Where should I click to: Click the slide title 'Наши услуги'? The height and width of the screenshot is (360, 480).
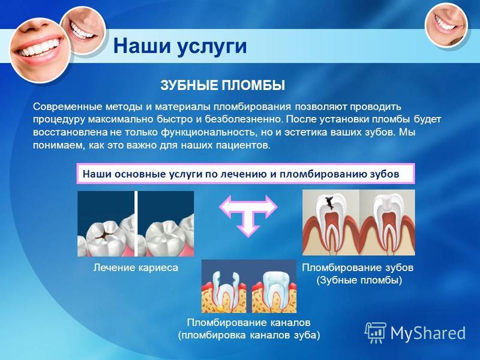coord(179,47)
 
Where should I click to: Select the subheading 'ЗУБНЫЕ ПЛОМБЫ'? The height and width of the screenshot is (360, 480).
coord(223,85)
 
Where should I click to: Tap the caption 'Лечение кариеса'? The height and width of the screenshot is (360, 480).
coord(136,268)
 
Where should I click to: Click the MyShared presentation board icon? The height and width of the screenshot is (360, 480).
coord(375,332)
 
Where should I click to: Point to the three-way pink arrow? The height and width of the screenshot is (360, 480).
coord(248,215)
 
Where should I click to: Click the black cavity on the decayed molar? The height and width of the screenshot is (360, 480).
coord(103,233)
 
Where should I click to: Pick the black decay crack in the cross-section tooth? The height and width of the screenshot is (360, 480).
coord(329,203)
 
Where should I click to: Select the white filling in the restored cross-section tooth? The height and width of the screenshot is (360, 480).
coord(387,202)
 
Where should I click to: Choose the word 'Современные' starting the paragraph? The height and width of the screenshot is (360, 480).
coord(68,107)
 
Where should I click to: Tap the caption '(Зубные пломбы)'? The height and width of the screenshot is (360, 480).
coord(359,280)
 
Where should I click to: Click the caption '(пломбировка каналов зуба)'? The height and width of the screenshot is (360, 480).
coord(249,335)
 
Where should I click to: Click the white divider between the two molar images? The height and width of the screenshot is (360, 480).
coord(136,224)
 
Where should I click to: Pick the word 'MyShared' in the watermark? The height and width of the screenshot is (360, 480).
coord(428,333)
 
